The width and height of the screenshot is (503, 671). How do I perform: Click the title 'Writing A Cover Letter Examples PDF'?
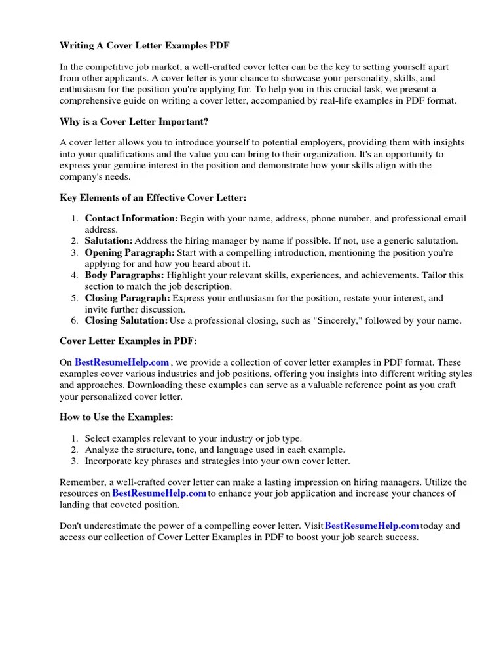point(145,45)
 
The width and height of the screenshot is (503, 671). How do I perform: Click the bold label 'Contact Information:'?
point(131,218)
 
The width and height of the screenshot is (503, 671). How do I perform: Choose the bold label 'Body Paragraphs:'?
point(124,275)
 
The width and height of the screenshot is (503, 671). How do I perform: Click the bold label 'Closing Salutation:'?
point(126,320)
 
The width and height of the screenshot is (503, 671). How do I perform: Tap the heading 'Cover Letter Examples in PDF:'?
point(128,341)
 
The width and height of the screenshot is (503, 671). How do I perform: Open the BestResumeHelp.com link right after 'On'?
point(122,362)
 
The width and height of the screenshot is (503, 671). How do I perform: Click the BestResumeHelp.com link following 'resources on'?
point(159,493)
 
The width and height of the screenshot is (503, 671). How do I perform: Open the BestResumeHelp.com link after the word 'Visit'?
point(371,526)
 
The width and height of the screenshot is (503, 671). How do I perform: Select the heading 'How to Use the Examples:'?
point(117,417)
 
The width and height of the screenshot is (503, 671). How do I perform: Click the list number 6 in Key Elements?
point(75,320)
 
